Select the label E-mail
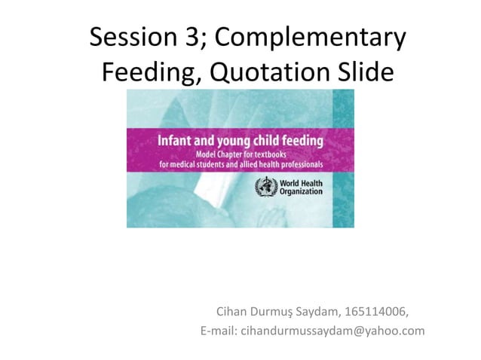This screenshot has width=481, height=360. (x=218, y=330)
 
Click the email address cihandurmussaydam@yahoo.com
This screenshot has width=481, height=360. (x=332, y=330)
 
